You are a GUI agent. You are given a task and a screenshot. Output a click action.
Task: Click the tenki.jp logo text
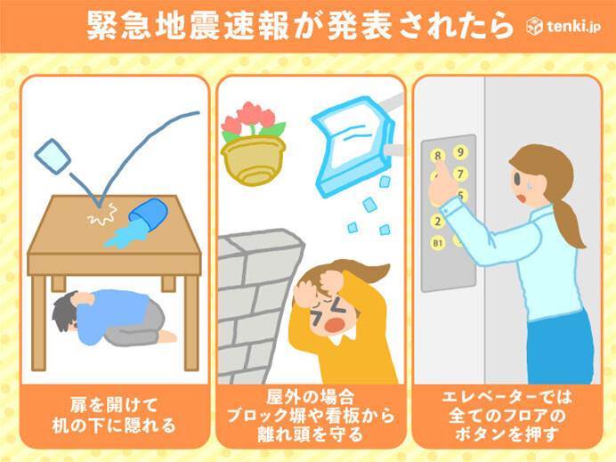[573, 27]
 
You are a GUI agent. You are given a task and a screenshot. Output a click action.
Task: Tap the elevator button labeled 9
[460, 152]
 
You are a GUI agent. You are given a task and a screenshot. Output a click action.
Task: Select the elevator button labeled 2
[438, 221]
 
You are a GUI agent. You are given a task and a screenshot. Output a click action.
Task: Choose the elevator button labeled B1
[438, 244]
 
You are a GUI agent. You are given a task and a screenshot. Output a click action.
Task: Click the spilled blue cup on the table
[148, 213]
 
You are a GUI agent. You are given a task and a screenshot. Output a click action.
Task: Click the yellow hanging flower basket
[254, 160]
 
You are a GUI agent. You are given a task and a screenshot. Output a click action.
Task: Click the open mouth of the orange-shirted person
[333, 325]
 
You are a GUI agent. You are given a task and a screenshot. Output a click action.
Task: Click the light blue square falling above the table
[53, 156]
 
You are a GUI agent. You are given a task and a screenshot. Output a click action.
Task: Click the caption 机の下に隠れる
[114, 426]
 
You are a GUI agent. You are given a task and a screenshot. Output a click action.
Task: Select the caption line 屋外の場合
[311, 397]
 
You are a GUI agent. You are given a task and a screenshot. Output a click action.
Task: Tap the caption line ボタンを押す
[507, 434]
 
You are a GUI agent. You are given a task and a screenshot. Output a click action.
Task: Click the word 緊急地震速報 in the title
[188, 26]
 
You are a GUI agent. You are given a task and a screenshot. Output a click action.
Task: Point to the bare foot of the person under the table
[168, 336]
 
